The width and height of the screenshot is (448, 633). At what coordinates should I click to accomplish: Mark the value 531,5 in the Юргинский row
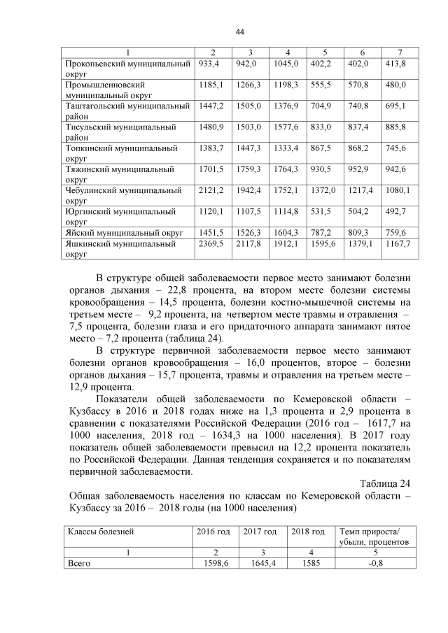click(x=322, y=211)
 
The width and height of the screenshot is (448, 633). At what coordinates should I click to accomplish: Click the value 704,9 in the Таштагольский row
click(x=323, y=106)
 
